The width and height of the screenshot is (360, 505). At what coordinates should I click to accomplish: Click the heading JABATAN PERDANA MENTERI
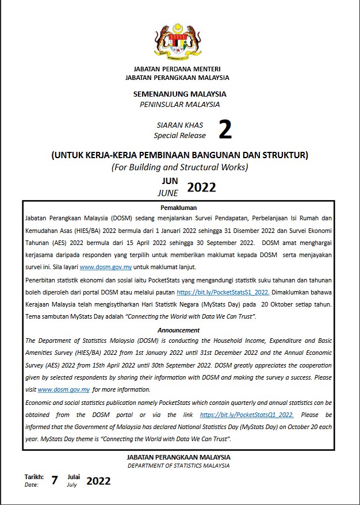click(180, 68)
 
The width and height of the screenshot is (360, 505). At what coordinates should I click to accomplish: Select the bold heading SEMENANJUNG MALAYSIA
click(180, 94)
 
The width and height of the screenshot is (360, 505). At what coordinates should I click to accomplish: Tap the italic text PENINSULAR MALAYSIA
click(180, 104)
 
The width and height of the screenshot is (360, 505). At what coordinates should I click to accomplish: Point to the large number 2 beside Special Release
click(225, 131)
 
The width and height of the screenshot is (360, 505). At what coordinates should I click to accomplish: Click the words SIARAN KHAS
click(180, 125)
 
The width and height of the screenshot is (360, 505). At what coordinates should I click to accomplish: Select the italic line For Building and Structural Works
click(179, 167)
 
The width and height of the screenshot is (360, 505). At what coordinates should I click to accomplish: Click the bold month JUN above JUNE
click(170, 181)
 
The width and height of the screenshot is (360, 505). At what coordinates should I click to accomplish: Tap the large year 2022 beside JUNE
click(201, 187)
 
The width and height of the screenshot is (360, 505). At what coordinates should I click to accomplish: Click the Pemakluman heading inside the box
click(179, 207)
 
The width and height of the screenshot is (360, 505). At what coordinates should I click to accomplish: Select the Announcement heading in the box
click(179, 330)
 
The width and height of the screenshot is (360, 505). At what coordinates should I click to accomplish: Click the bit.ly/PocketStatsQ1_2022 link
click(247, 414)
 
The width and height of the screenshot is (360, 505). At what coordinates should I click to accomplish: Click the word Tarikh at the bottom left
click(34, 477)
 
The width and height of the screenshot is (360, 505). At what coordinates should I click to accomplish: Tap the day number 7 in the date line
click(55, 481)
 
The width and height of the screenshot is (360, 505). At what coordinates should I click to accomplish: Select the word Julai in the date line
click(74, 477)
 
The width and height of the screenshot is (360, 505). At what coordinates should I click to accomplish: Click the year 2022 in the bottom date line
click(98, 481)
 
